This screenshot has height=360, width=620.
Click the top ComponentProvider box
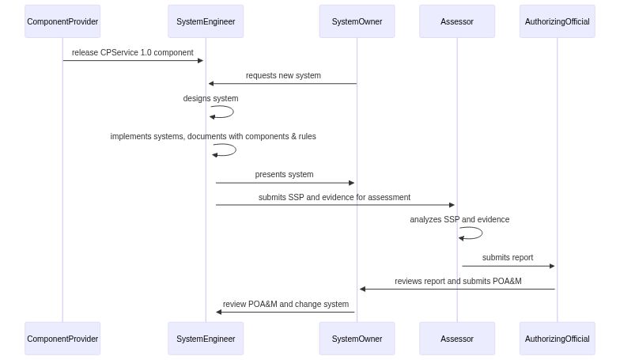click(x=62, y=21)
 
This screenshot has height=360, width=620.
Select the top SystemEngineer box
click(x=206, y=21)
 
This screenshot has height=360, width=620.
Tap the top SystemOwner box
click(x=357, y=21)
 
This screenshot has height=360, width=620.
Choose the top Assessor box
click(x=457, y=21)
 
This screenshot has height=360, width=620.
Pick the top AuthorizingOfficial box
click(x=557, y=21)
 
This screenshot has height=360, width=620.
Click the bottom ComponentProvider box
click(x=62, y=339)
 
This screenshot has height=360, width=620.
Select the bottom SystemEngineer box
click(x=206, y=339)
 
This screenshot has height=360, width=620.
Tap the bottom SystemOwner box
click(x=357, y=339)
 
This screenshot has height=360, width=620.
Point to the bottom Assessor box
click(x=457, y=339)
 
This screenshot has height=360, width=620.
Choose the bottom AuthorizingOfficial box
click(x=557, y=339)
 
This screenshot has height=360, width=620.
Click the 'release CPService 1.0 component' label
click(x=133, y=53)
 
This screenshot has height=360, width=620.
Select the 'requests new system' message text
click(x=283, y=76)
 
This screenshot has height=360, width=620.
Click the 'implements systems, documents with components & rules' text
click(x=213, y=137)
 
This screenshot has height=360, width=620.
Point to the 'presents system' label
click(x=284, y=175)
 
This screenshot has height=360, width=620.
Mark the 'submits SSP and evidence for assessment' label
click(x=335, y=198)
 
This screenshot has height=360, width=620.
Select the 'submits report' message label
click(x=508, y=258)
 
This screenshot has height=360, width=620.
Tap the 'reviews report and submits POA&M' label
click(x=458, y=281)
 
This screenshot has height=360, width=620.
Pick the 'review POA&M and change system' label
click(x=285, y=304)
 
